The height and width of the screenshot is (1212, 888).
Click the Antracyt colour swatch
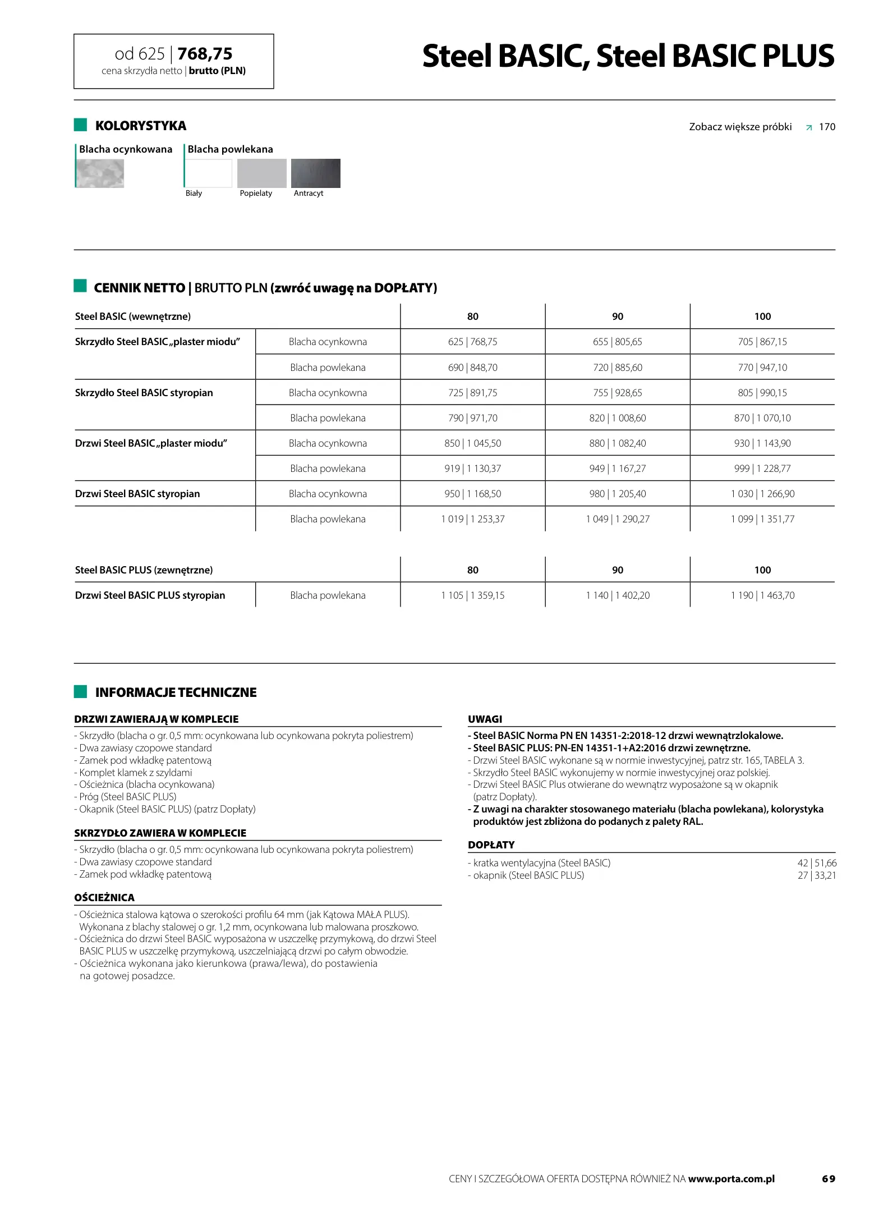tap(315, 173)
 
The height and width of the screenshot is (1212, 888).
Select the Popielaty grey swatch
tap(261, 173)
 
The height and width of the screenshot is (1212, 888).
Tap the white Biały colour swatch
tap(208, 173)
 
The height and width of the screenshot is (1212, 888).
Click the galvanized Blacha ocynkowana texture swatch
tap(100, 173)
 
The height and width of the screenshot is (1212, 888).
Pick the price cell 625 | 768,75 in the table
tap(472, 342)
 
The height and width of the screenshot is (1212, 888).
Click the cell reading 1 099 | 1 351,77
tap(762, 519)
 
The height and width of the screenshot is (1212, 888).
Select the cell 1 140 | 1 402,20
tap(617, 595)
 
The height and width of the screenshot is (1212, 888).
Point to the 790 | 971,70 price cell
tap(472, 418)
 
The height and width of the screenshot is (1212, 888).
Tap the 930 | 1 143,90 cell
tap(762, 443)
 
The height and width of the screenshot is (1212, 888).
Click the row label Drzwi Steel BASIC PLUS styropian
tap(150, 595)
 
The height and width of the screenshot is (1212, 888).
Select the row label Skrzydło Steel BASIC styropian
tap(144, 393)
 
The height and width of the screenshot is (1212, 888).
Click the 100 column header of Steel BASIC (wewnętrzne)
tap(762, 316)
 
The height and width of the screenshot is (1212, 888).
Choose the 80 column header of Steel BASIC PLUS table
tap(472, 570)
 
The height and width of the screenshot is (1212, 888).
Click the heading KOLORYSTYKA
tap(140, 126)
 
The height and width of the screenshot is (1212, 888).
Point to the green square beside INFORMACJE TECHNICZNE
tap(80, 692)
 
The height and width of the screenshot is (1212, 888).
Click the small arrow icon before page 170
tap(808, 127)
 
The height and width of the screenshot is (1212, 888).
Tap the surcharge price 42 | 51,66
tap(816, 863)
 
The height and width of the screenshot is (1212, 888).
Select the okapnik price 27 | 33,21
tap(816, 875)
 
